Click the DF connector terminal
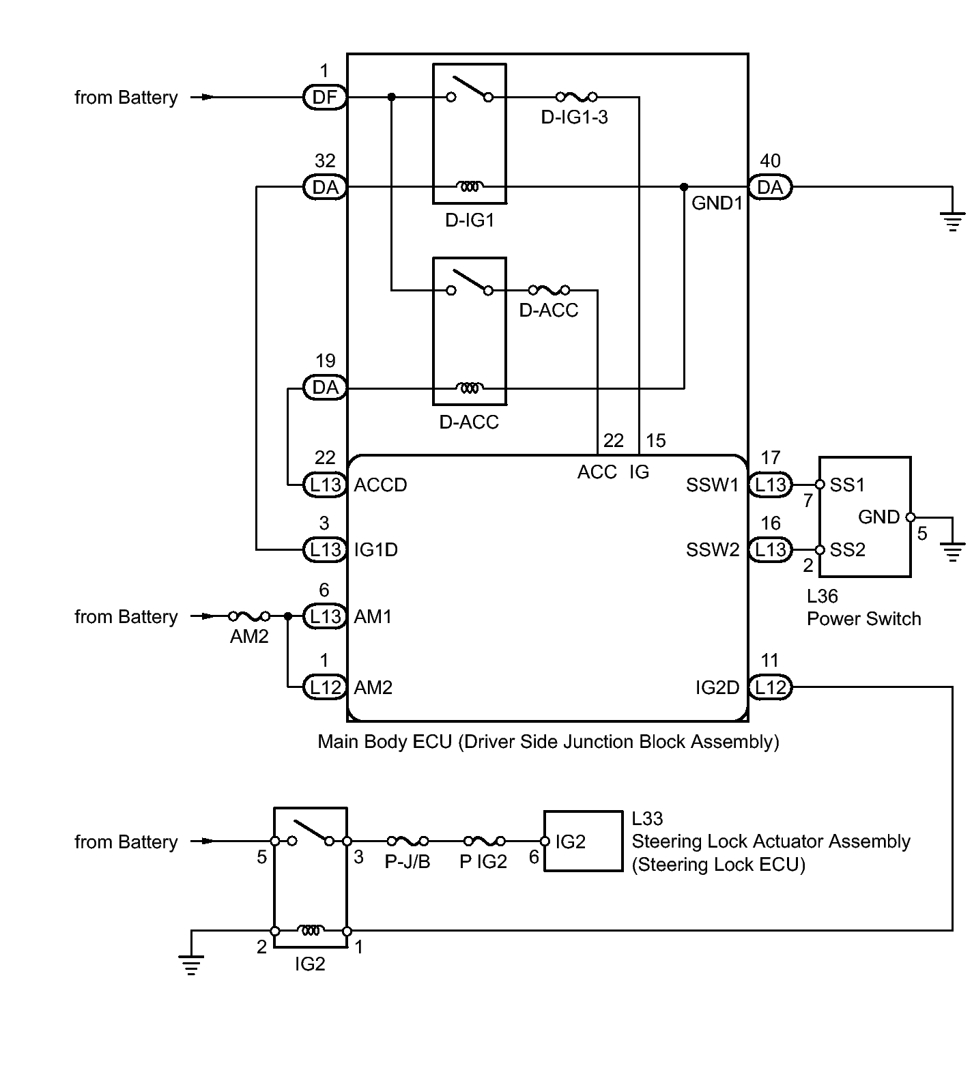325,98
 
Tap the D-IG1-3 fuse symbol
576,97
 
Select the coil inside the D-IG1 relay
470,186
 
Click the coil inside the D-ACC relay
470,388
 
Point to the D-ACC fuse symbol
549,290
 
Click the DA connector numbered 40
771,187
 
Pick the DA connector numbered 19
325,388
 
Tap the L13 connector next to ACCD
325,485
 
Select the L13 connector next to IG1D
325,549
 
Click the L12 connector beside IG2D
771,687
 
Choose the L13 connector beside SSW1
771,485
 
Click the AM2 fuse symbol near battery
249,616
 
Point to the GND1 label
717,203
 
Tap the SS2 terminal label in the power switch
848,549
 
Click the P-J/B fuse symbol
408,841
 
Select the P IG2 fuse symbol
484,841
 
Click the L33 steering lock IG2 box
584,841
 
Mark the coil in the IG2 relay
311,930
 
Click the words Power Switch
864,619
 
